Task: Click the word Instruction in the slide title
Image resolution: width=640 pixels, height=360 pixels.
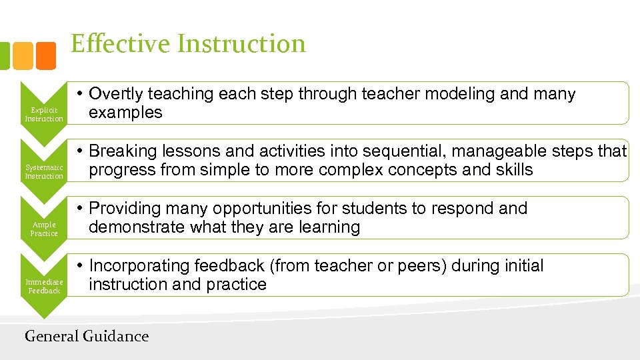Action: (x=241, y=44)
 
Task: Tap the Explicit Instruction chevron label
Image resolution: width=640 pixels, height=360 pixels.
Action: (x=44, y=114)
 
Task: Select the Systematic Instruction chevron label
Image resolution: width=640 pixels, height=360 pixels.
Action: (x=44, y=171)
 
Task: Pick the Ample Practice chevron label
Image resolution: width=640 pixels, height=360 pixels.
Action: (x=44, y=229)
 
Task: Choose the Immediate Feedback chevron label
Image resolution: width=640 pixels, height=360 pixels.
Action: (x=44, y=286)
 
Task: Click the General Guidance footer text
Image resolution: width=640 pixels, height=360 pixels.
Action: (x=87, y=336)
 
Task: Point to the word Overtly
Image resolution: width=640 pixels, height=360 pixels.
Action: (x=116, y=94)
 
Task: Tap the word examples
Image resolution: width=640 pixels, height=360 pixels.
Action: (x=125, y=113)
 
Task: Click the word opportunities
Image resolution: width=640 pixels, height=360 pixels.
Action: (x=257, y=209)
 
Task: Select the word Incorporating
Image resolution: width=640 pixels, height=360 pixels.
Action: (x=139, y=266)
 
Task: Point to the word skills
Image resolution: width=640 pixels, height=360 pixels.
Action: (x=515, y=170)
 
